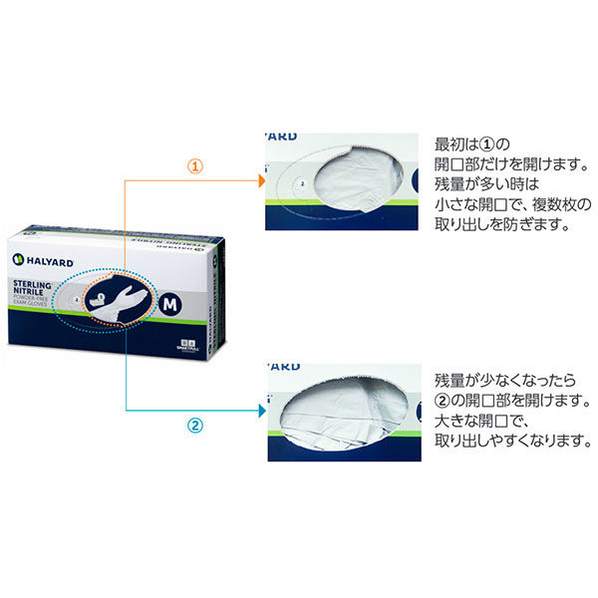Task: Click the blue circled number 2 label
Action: pyautogui.click(x=195, y=425)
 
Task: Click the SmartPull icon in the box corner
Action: pyautogui.click(x=182, y=345)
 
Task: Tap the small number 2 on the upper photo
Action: pyautogui.click(x=301, y=183)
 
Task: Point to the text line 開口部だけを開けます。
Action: pyautogui.click(x=506, y=164)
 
